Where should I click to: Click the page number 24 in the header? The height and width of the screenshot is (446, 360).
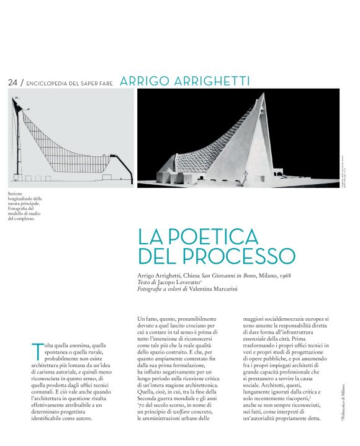click(x=12, y=83)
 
